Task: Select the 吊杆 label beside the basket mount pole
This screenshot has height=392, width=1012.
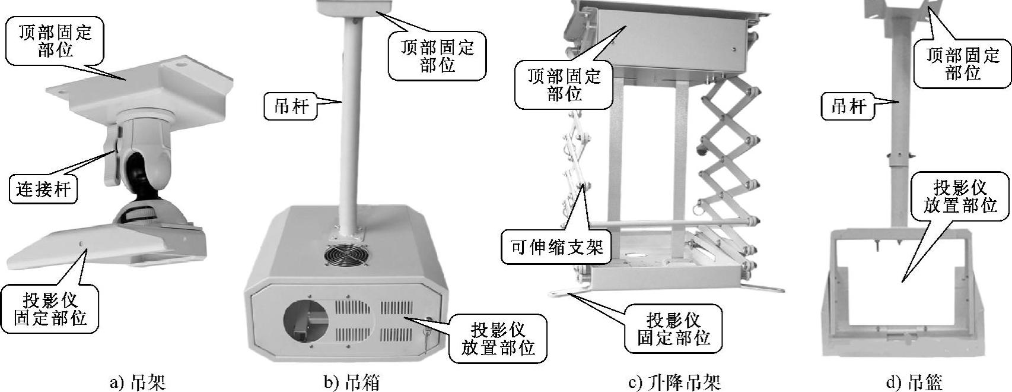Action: click(x=849, y=107)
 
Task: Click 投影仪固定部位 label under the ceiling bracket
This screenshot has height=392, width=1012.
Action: click(x=50, y=308)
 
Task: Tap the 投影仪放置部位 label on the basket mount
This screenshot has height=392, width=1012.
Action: click(x=959, y=197)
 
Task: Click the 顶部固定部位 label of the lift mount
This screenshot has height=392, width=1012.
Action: click(x=564, y=85)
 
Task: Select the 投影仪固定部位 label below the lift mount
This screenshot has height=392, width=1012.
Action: click(x=674, y=329)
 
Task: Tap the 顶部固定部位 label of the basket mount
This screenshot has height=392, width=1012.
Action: click(x=963, y=64)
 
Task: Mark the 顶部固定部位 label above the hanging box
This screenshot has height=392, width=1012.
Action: click(x=437, y=56)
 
